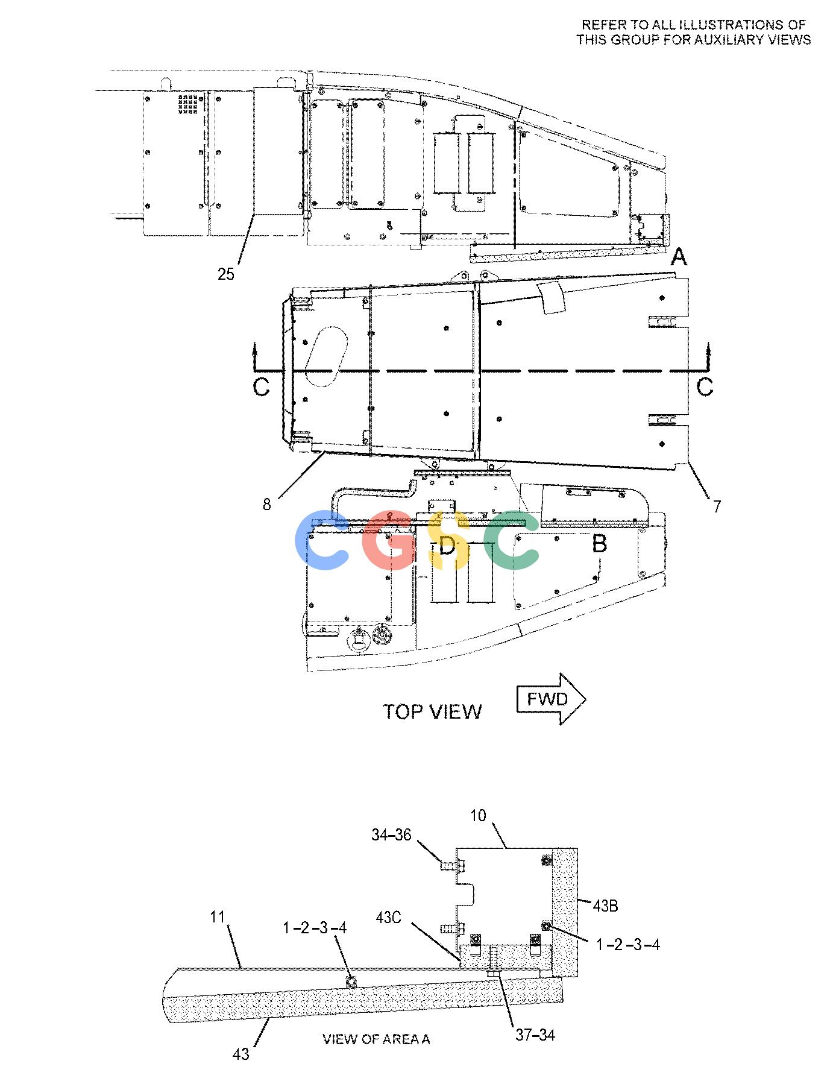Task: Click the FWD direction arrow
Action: coord(551,699)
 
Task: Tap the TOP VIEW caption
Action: coord(433,711)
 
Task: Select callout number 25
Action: coord(226,274)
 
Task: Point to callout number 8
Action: coord(267,504)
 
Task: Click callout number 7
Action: coord(717,507)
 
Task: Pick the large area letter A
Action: coord(679,258)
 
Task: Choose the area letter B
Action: coord(599,544)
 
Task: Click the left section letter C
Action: coord(261,386)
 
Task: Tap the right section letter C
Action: coord(705,386)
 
